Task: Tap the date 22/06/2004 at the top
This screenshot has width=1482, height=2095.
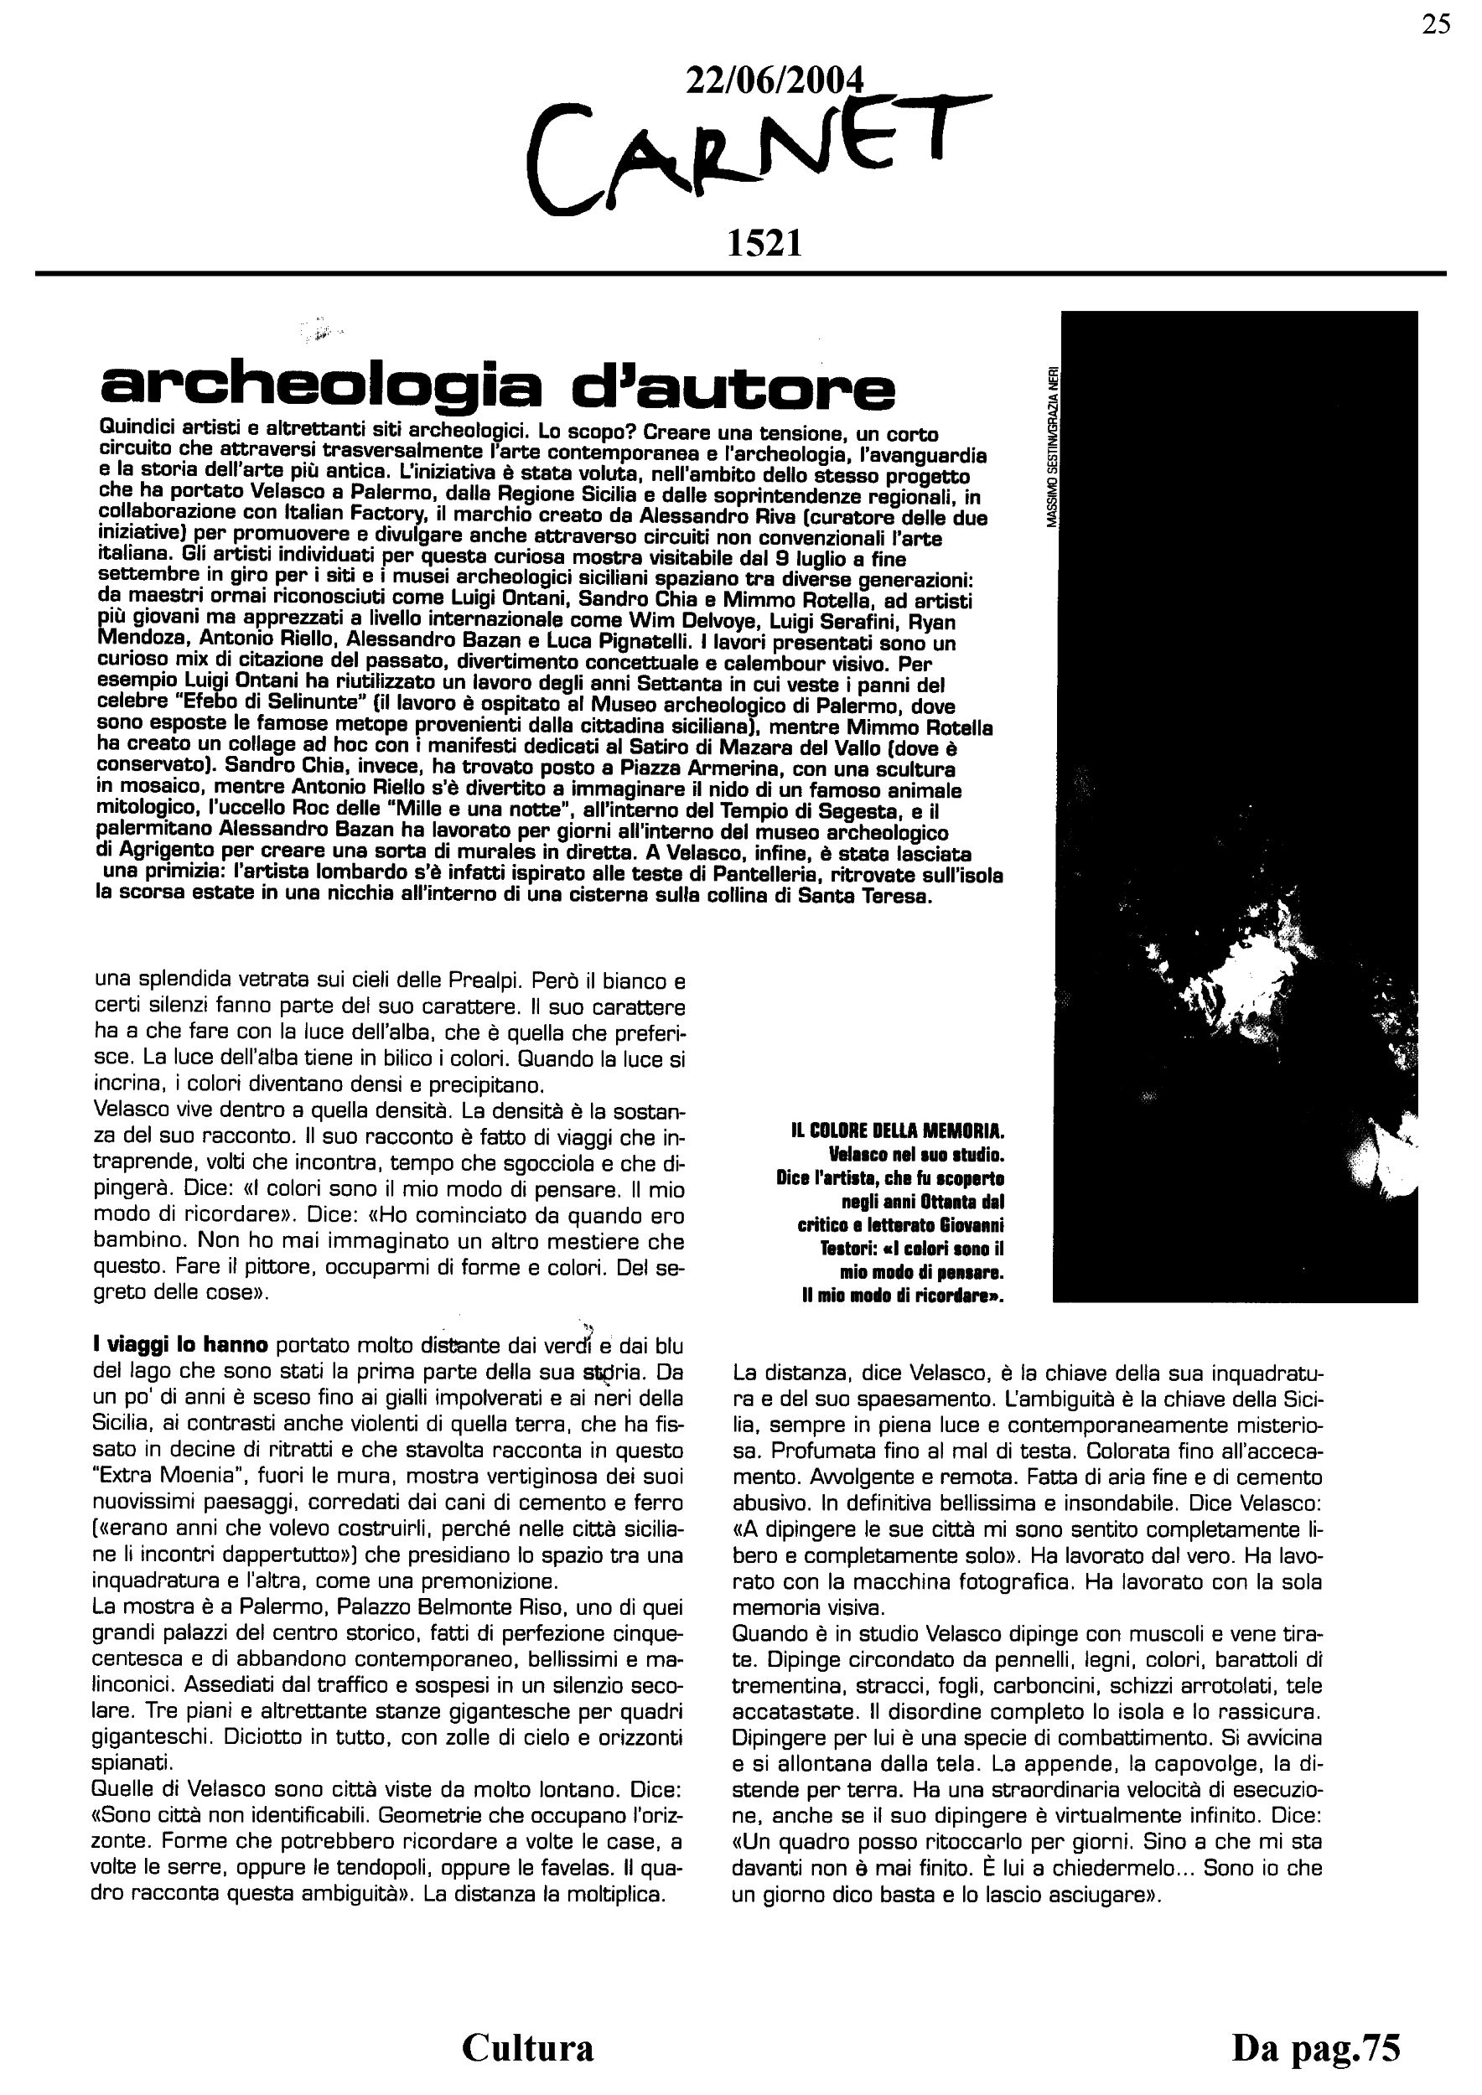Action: pyautogui.click(x=773, y=80)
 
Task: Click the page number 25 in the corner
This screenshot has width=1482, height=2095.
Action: pyautogui.click(x=1435, y=24)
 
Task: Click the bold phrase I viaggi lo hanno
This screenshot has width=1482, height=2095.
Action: pyautogui.click(x=181, y=1345)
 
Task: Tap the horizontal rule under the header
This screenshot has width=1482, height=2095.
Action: pyautogui.click(x=741, y=274)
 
